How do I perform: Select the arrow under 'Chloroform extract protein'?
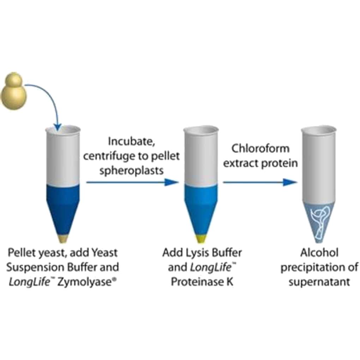(x=259, y=182)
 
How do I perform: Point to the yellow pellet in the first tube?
(x=63, y=239)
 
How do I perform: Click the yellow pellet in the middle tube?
(x=201, y=239)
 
